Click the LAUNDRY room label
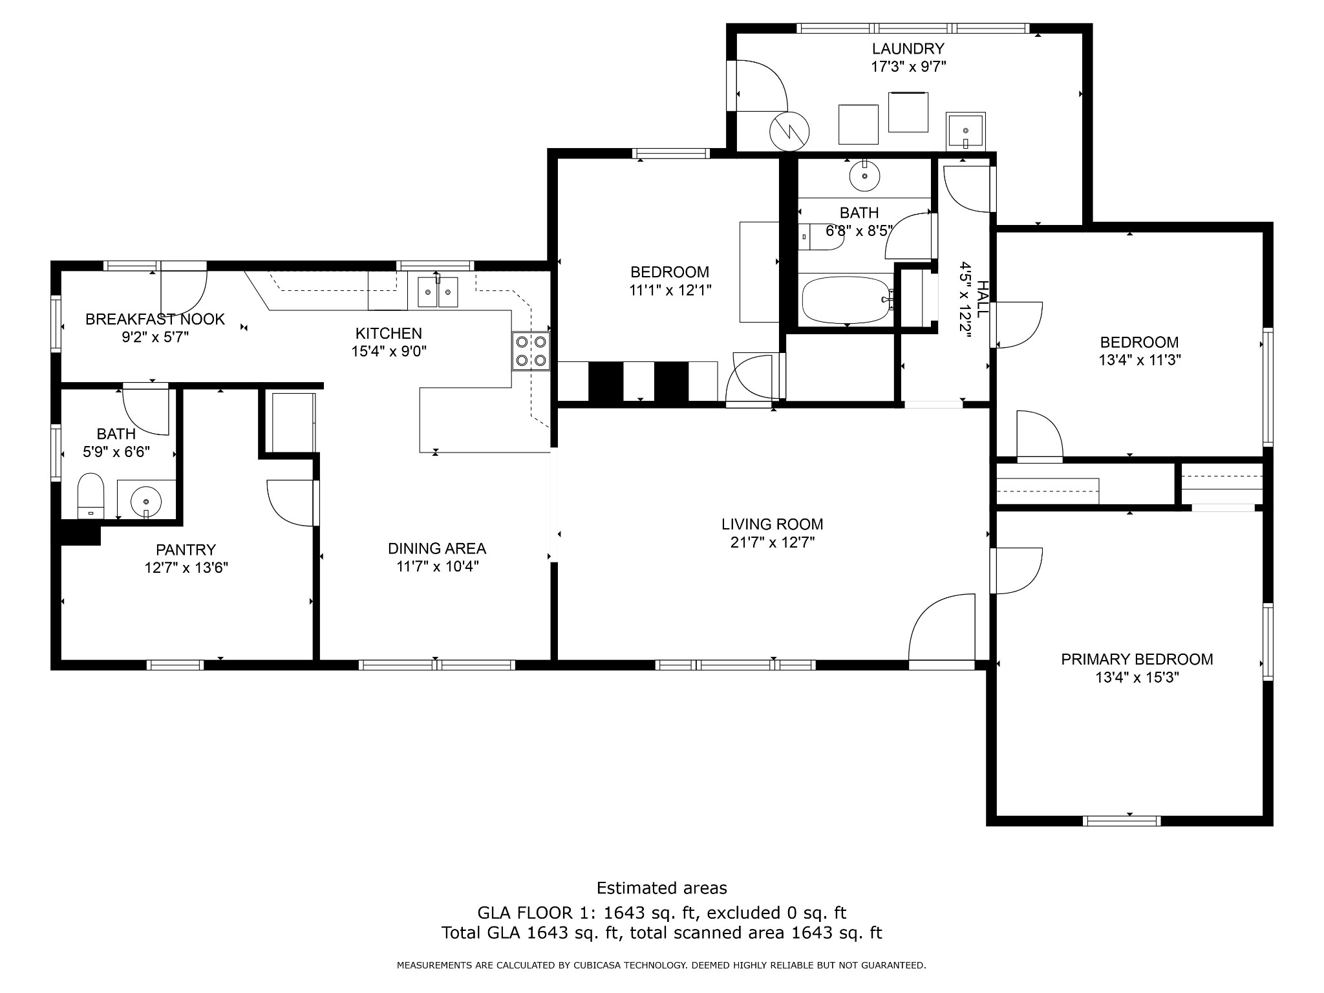coord(908,48)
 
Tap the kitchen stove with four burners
coord(531,351)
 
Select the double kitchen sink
coord(438,292)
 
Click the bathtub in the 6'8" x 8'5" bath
coord(846,300)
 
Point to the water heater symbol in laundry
coord(789,132)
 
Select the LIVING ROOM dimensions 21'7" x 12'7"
coord(772,542)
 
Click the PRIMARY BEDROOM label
coord(1137,659)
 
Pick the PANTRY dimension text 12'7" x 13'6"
coord(186,568)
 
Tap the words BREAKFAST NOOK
coord(155,319)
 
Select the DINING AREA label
coord(436,549)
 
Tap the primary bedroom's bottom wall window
coord(1122,821)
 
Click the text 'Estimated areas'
coord(661,888)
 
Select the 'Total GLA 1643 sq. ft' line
coord(661,933)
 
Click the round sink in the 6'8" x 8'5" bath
coord(864,175)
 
